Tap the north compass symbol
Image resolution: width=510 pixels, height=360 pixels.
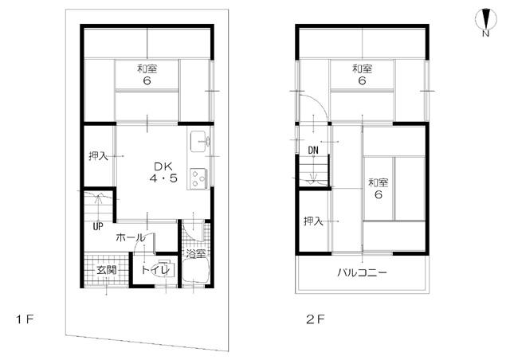pos(485,21)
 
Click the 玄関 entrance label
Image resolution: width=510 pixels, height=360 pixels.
pos(106,271)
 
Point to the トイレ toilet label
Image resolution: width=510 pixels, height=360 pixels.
pos(154,271)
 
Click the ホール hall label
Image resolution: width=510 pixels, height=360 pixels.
pos(130,237)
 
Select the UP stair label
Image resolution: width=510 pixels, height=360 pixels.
pos(97,225)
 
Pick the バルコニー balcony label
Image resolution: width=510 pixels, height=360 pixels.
pos(362,272)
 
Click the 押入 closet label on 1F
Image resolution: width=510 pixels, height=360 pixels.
pos(98,156)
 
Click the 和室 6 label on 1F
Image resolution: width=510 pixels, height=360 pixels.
pos(147,75)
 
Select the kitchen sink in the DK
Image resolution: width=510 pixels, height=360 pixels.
pos(198,143)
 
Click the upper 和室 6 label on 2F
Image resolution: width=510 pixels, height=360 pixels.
pos(362,75)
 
